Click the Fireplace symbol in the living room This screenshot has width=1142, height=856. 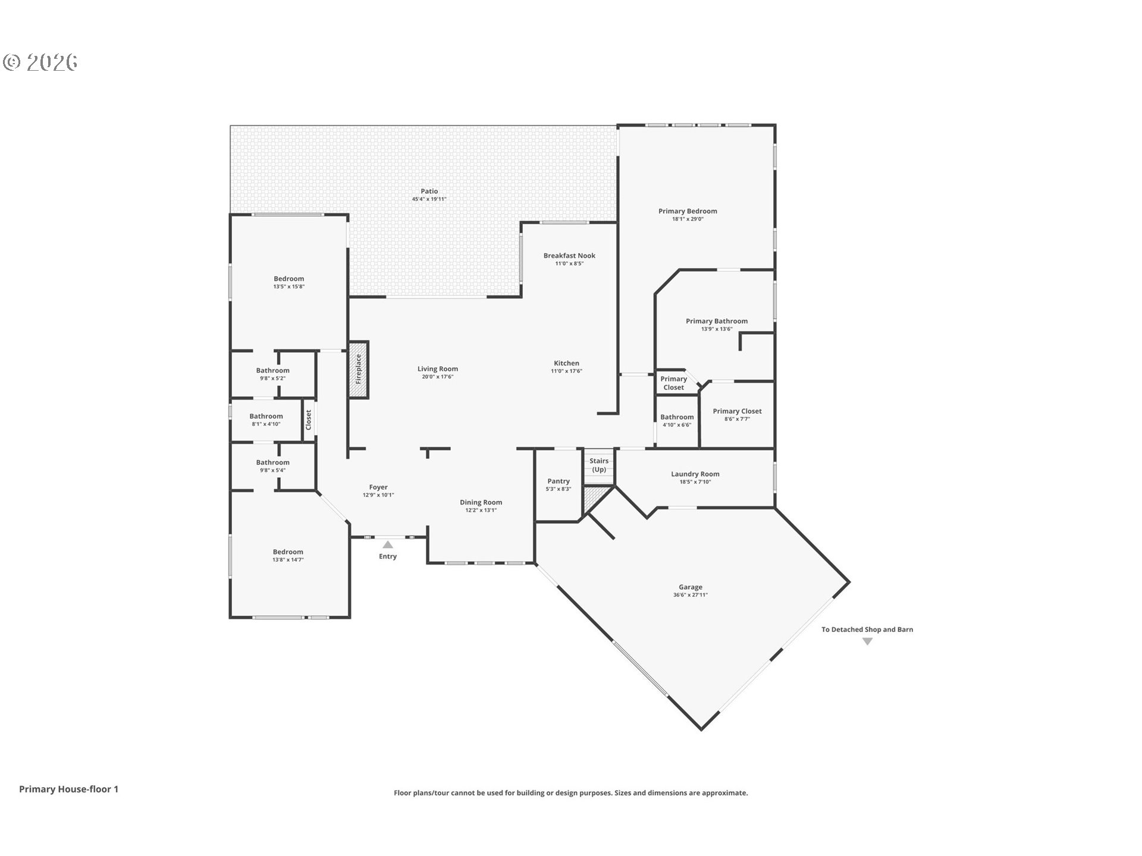(x=359, y=370)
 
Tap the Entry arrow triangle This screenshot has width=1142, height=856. (x=388, y=545)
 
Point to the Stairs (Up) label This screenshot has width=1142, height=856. (x=599, y=465)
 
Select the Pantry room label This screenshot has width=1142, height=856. (x=559, y=481)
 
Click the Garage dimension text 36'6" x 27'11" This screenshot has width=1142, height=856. (x=691, y=595)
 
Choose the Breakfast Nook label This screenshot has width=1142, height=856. (x=569, y=256)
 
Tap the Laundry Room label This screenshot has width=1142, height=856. (x=695, y=474)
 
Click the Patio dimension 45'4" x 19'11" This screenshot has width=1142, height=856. (x=429, y=199)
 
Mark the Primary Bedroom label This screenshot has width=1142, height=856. (x=688, y=211)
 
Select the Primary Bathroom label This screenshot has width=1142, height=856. (x=717, y=321)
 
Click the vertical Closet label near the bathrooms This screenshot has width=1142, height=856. (x=309, y=420)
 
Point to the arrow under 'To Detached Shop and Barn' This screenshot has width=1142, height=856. (x=867, y=641)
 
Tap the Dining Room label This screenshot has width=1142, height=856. (x=481, y=502)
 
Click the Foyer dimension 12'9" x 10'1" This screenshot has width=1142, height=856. (x=378, y=495)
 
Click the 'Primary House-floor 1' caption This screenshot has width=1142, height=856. (x=68, y=789)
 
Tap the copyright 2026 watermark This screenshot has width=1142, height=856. (x=40, y=62)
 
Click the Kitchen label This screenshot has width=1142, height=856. (x=566, y=363)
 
